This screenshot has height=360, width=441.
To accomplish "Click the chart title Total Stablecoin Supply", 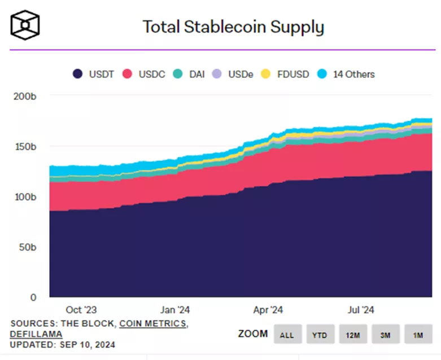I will click(233, 27).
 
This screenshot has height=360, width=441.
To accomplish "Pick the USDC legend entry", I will click(145, 74).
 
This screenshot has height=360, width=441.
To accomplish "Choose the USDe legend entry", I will click(233, 74).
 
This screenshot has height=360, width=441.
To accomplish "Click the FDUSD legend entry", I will click(286, 74).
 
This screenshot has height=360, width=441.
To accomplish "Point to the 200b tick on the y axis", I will click(25, 96).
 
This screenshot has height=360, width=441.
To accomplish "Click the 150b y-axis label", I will click(25, 147).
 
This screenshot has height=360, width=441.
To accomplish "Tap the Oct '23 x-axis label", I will click(81, 310).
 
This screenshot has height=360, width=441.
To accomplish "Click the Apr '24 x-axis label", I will click(268, 310).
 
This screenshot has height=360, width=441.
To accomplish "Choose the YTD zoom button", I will click(320, 335).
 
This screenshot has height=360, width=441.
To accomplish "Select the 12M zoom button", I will click(353, 335).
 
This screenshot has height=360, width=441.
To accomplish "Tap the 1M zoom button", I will click(418, 335).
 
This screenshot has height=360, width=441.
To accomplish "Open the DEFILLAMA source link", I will click(36, 334).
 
